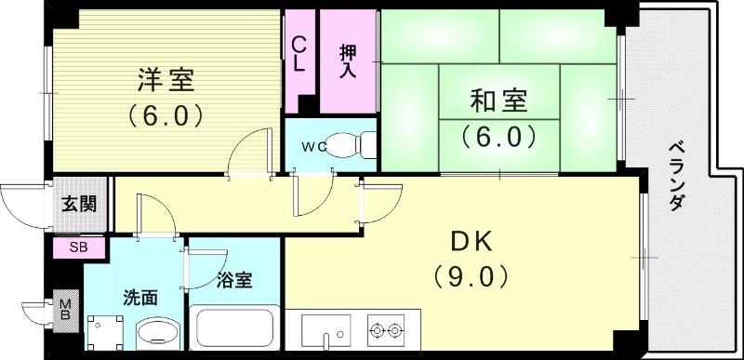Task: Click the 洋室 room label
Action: point(166,81)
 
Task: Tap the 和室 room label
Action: point(498,98)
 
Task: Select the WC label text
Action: point(312,146)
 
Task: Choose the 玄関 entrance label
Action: point(78,205)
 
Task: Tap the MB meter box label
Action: point(65,311)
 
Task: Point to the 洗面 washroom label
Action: point(140,298)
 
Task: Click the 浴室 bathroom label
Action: point(233,281)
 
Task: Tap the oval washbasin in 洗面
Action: point(151,336)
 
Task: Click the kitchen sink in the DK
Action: point(325,332)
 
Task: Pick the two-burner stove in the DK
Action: point(388,330)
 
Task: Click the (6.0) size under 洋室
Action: point(166,116)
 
